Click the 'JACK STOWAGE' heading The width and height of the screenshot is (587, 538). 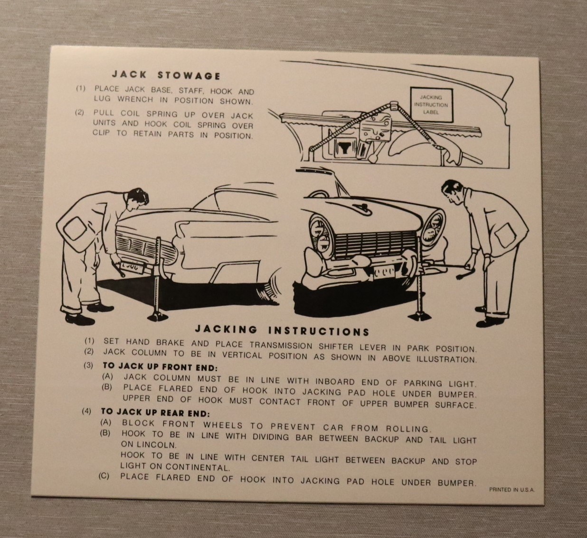pos(166,76)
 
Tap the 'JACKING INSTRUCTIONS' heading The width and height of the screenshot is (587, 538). pos(282,330)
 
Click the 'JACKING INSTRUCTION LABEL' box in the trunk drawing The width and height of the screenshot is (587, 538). pos(431,105)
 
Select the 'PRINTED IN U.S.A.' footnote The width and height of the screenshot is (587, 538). pos(512,490)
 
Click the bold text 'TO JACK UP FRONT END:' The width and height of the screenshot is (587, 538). pos(160,367)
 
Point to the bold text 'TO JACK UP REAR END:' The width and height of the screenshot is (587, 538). pos(155,413)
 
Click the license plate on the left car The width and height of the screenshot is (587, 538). pos(133,268)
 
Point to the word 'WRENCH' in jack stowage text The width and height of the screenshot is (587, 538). pos(135,100)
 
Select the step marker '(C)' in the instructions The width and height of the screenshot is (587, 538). pos(104,477)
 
